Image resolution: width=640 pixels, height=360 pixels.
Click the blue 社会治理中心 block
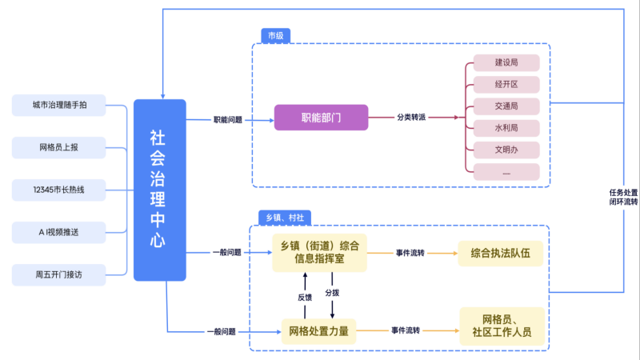pyautogui.click(x=159, y=190)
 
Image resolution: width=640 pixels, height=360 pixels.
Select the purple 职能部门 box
pyautogui.click(x=321, y=118)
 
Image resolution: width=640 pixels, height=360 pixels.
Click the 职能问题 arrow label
pyautogui.click(x=227, y=119)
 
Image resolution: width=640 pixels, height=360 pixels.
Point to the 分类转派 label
pyautogui.click(x=410, y=118)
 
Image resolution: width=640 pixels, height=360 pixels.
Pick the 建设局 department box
pyautogui.click(x=506, y=62)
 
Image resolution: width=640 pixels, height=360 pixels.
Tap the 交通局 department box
pyautogui.click(x=506, y=106)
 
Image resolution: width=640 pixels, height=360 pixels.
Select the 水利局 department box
pyautogui.click(x=506, y=128)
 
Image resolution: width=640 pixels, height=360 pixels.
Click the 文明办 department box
pyautogui.click(x=506, y=150)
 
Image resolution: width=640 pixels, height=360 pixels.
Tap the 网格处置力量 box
pyautogui.click(x=318, y=330)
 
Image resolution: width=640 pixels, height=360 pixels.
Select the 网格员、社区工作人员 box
pyautogui.click(x=502, y=326)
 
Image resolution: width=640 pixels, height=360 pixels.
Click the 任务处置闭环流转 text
pyautogui.click(x=623, y=197)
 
